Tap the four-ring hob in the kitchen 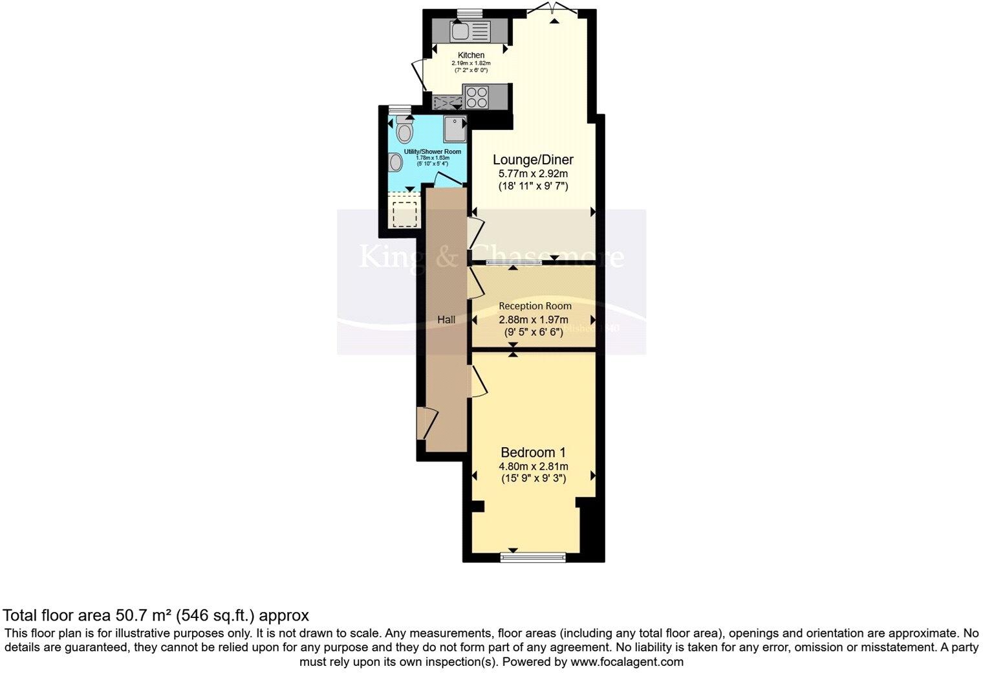(x=477, y=97)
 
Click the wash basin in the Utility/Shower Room (x=394, y=162)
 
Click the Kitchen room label (x=471, y=55)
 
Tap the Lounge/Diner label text (x=533, y=160)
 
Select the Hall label (x=446, y=320)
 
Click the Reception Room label (x=535, y=306)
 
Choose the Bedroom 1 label (x=533, y=452)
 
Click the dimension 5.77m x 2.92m (x=533, y=174)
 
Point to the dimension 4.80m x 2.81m (x=533, y=467)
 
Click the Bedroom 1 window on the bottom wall (x=534, y=555)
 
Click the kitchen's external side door (x=418, y=76)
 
